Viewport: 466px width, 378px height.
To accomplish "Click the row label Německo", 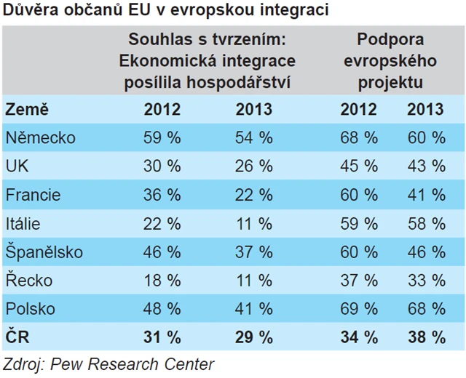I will click(x=40, y=137).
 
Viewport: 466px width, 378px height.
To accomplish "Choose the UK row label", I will click(x=17, y=166).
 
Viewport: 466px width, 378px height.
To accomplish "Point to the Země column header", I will click(x=27, y=109).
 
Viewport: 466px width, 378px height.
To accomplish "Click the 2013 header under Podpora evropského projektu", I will click(x=425, y=109).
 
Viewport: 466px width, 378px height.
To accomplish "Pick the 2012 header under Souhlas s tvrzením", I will click(x=162, y=109).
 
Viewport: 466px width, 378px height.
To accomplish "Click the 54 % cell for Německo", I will click(x=253, y=137).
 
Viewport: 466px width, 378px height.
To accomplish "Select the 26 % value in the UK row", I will click(x=253, y=166).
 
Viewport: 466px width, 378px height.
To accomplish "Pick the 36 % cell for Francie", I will click(x=162, y=195).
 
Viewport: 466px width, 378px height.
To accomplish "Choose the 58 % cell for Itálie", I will click(x=425, y=223).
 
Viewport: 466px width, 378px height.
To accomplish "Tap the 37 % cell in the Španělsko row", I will click(x=253, y=252).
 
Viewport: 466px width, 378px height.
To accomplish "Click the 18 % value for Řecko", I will click(x=162, y=280).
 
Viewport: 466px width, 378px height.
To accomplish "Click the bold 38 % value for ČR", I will click(x=425, y=337).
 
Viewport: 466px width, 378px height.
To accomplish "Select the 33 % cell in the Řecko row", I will click(x=425, y=280).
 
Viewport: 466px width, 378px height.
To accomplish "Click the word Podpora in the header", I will click(x=390, y=40).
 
